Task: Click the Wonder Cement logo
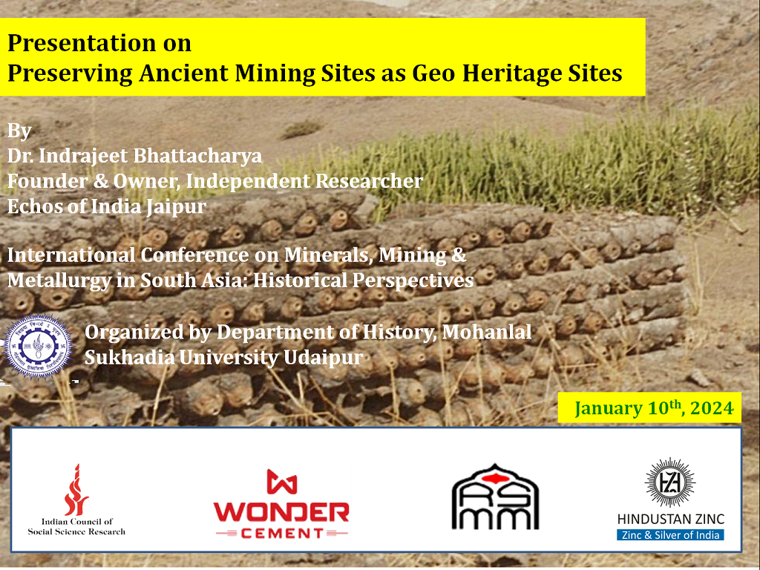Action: (x=281, y=504)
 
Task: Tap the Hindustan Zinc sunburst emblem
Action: (x=670, y=482)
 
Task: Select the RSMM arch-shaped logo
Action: (x=495, y=497)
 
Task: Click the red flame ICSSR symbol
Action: (x=76, y=490)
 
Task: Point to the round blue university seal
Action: (x=38, y=346)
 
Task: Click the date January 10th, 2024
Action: (x=654, y=407)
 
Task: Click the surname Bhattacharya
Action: (x=197, y=156)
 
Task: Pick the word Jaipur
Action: (x=176, y=207)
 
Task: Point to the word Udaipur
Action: (x=323, y=358)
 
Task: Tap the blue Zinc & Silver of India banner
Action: (x=670, y=535)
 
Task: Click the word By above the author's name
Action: (x=19, y=131)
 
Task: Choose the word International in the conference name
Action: (x=71, y=255)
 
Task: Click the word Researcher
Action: (x=370, y=181)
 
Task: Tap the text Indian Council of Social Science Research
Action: (x=76, y=527)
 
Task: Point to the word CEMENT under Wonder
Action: (x=282, y=534)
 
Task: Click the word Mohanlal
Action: (x=487, y=332)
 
